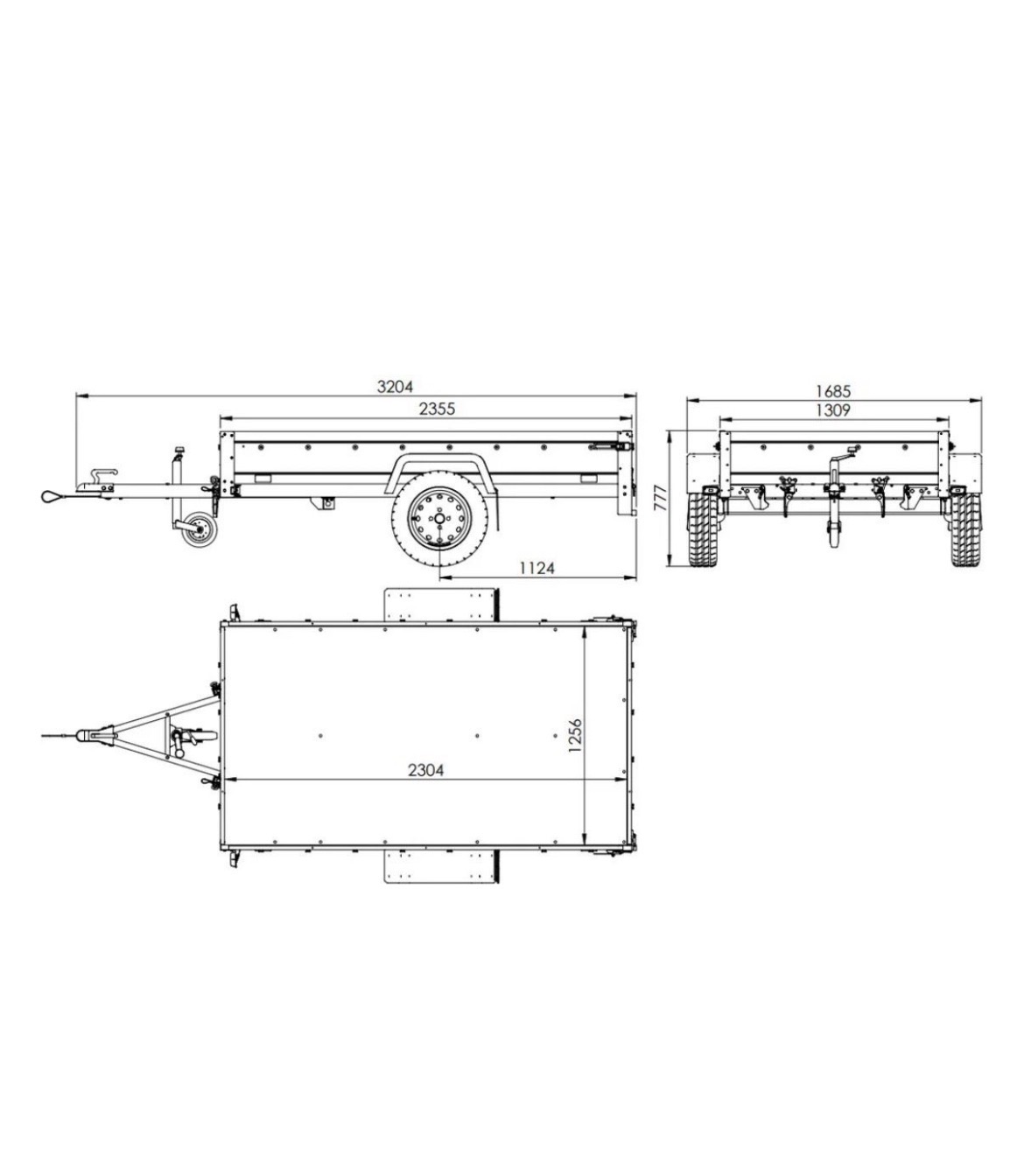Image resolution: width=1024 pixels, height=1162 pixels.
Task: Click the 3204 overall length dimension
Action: click(395, 387)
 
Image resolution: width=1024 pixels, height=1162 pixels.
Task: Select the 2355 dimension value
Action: click(437, 409)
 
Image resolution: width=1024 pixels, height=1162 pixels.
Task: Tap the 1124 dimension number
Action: click(537, 568)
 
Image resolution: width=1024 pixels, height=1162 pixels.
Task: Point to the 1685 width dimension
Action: click(833, 391)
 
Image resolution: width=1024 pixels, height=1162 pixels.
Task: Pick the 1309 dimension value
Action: click(833, 410)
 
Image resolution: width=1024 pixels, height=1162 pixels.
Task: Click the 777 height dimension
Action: click(661, 498)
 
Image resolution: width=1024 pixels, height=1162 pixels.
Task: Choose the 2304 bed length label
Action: click(425, 770)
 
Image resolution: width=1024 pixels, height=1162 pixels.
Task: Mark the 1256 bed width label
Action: click(575, 735)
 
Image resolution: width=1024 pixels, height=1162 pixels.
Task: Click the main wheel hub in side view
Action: click(439, 518)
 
